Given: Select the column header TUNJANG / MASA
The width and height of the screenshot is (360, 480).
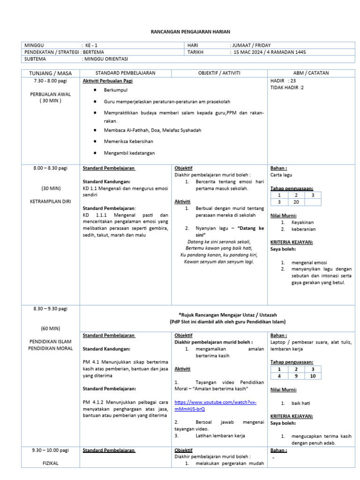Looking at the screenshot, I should click(x=51, y=73).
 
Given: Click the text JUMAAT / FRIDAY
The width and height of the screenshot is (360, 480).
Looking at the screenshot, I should click(x=250, y=45).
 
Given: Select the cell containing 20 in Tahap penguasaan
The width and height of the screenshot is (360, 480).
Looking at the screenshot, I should click(x=296, y=202).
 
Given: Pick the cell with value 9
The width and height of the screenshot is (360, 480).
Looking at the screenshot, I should click(x=296, y=376).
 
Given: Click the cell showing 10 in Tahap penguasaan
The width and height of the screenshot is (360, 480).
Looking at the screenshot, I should click(x=313, y=376).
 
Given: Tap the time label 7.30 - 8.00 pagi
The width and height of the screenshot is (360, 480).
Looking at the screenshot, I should click(x=51, y=81).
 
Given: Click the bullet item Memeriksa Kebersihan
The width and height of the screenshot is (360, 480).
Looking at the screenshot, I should click(x=128, y=141).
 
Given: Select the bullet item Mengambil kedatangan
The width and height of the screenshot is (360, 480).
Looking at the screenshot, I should click(x=129, y=153).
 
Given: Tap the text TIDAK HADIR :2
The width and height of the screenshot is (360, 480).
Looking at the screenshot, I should click(x=287, y=88).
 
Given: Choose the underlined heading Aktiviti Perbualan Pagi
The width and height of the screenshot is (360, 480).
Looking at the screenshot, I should click(x=108, y=81).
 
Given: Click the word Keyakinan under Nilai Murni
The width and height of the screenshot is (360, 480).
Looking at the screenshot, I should click(x=302, y=222).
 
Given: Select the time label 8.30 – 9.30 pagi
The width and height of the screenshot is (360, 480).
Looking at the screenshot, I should click(x=50, y=308).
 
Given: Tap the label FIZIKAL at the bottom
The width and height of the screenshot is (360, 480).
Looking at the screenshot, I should click(x=50, y=462).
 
